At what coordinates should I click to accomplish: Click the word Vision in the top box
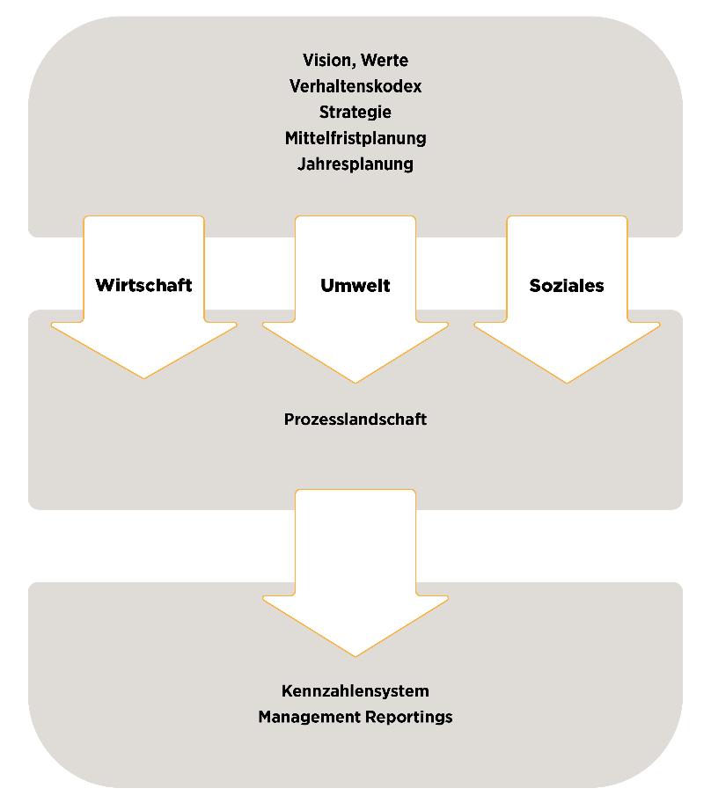(324, 61)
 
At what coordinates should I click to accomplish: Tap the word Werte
(384, 61)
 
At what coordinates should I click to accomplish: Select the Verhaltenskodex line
(355, 86)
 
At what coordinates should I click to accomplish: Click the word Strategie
(355, 113)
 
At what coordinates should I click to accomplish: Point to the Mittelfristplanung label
(355, 138)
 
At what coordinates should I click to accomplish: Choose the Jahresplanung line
(355, 164)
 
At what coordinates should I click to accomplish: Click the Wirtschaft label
(143, 285)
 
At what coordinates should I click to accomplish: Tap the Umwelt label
(355, 285)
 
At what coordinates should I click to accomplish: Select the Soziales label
(567, 285)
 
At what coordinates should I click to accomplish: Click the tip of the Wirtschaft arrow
(143, 377)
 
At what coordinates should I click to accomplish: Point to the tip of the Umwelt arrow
(355, 383)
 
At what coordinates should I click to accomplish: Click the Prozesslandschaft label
(355, 420)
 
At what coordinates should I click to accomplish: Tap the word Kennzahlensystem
(355, 690)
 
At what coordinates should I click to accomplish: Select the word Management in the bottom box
(302, 717)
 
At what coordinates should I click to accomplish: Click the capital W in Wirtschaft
(104, 285)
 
